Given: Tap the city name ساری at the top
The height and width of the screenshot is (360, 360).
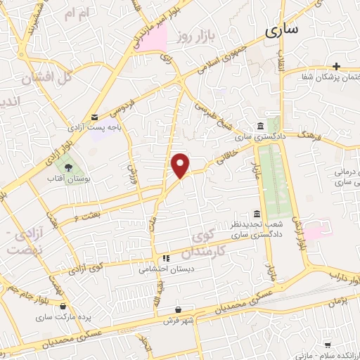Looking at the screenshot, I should [283, 30].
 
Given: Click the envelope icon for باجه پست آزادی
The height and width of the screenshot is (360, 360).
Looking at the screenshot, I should [94, 117].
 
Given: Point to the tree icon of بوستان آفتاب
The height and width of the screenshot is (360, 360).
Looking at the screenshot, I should [69, 168].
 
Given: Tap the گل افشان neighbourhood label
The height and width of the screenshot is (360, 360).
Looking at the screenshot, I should [50, 77].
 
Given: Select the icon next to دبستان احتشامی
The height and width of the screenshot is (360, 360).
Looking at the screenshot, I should [166, 258].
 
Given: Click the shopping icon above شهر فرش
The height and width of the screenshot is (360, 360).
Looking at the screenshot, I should [178, 309].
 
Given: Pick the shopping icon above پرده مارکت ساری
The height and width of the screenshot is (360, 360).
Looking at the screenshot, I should [65, 306].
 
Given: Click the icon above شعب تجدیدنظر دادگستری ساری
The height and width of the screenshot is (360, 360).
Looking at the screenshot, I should [257, 214].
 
